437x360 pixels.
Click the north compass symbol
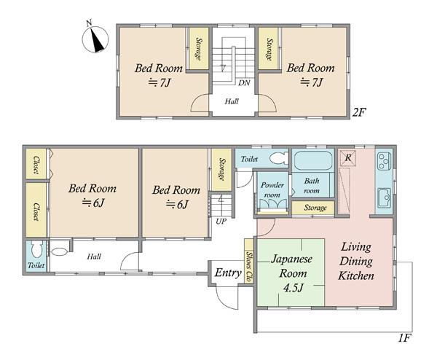[x=95, y=39]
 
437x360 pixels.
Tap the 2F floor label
[x=359, y=112]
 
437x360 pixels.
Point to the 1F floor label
[x=403, y=338]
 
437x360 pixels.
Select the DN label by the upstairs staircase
[x=244, y=83]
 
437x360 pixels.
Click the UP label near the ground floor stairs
[x=221, y=222]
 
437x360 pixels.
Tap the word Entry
[x=228, y=273]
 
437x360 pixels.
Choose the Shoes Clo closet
[x=248, y=262]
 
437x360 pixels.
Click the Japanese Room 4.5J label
[x=292, y=273]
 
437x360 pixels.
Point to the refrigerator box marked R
[x=347, y=158]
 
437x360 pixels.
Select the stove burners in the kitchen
[x=384, y=162]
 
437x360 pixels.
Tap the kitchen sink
[x=385, y=198]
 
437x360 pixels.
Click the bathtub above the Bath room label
[x=313, y=161]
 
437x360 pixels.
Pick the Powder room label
[x=272, y=189]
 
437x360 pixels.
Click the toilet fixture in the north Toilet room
[x=279, y=158]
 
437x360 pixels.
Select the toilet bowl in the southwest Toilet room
[x=37, y=249]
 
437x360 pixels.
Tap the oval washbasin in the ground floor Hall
[x=60, y=251]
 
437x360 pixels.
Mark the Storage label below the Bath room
[x=315, y=208]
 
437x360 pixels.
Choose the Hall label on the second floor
[x=232, y=101]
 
